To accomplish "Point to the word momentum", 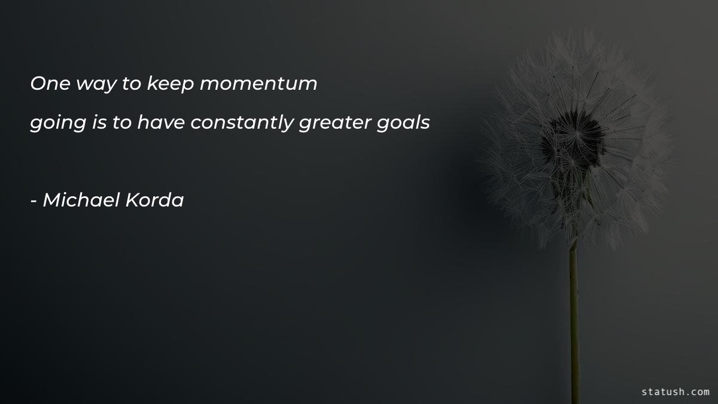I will point(258,84).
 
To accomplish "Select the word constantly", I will point(242,123).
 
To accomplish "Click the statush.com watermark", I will point(675,391).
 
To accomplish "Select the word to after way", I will point(131,84).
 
